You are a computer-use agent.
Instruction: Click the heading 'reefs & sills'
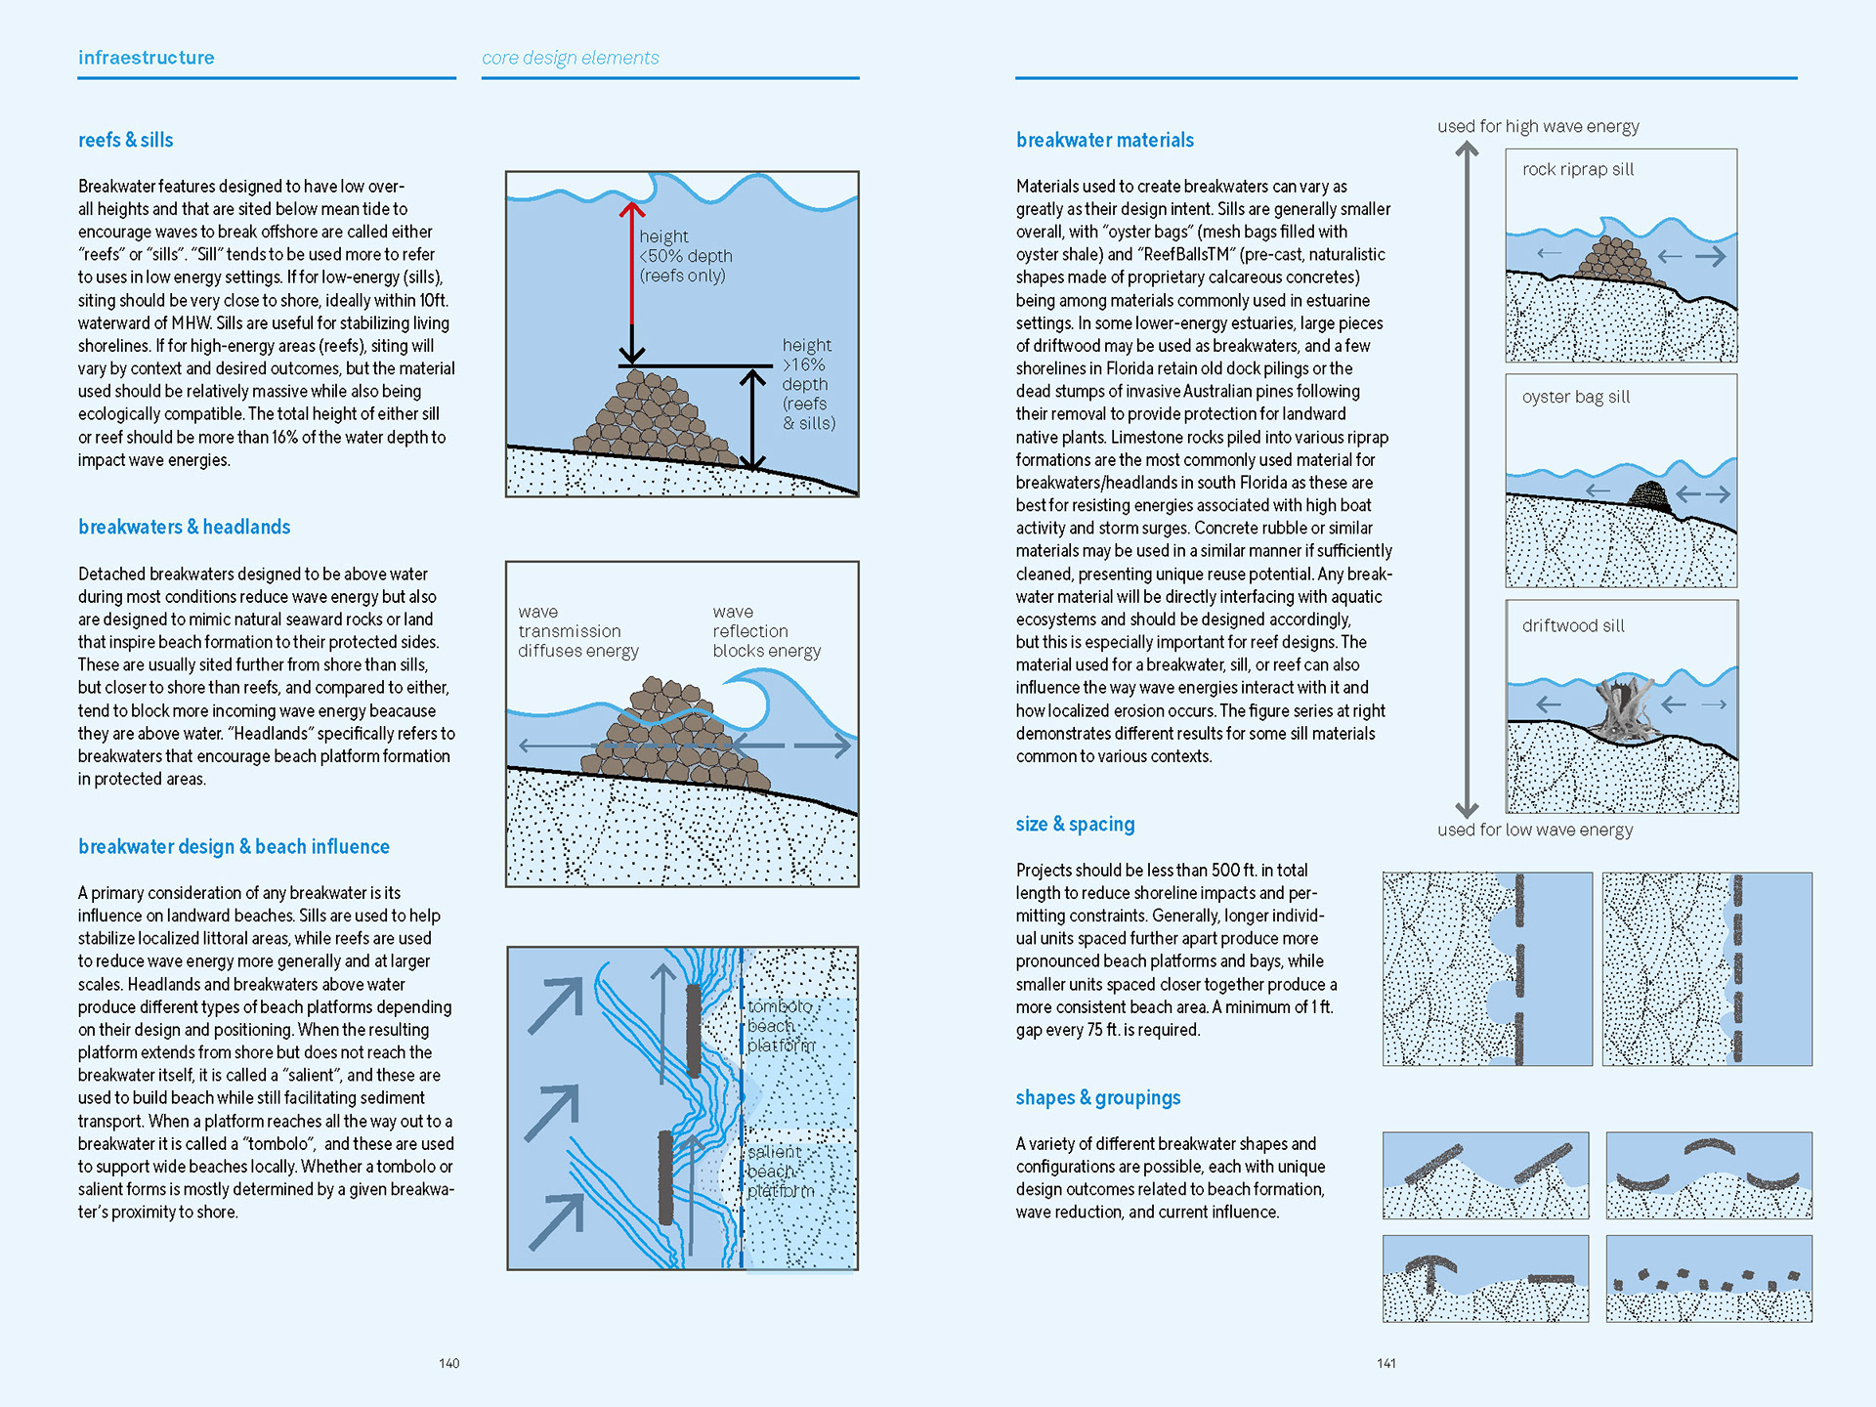(125, 140)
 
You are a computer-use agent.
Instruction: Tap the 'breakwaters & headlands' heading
(184, 527)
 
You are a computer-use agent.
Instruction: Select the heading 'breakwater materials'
(1104, 140)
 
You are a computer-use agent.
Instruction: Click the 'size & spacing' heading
(1075, 824)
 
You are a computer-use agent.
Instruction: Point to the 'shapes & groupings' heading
(1097, 1097)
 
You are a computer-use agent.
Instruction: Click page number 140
(448, 1363)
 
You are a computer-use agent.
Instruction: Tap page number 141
(1386, 1363)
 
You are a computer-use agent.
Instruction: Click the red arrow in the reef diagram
(632, 264)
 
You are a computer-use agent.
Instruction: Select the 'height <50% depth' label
(685, 256)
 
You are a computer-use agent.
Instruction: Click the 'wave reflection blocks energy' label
(766, 631)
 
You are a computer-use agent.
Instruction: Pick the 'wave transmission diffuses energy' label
(577, 631)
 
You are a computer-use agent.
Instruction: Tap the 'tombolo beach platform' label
(781, 1026)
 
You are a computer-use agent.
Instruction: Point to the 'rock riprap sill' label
(1577, 169)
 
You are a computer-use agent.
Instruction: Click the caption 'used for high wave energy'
(1538, 126)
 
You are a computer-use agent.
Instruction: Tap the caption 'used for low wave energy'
(1534, 830)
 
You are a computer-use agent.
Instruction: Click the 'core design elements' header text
(570, 58)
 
